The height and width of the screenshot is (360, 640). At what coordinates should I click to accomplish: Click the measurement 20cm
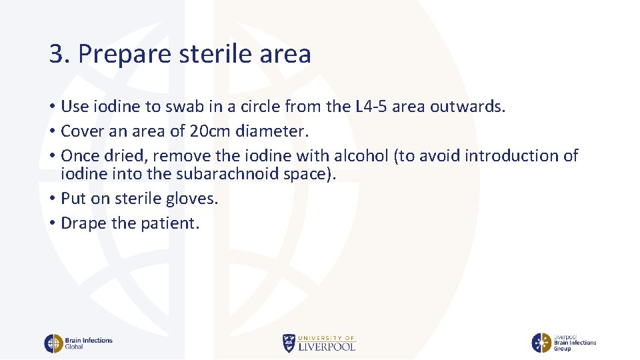click(208, 131)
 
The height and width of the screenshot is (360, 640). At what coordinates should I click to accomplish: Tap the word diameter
click(270, 131)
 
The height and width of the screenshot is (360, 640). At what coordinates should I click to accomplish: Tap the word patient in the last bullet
click(169, 223)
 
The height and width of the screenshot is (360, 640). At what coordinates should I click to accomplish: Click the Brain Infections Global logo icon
click(53, 343)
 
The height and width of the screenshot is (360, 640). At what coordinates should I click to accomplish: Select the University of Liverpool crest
click(289, 343)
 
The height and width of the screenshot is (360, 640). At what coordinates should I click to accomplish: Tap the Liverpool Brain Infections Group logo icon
click(541, 343)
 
